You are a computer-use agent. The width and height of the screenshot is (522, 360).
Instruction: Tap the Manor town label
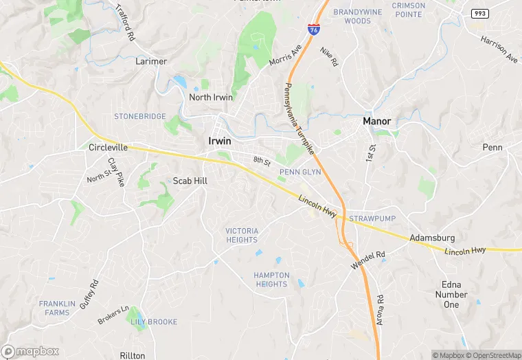tap(376, 122)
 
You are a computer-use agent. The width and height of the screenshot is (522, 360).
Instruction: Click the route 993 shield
tap(479, 14)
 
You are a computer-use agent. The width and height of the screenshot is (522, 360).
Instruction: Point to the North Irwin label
tap(211, 97)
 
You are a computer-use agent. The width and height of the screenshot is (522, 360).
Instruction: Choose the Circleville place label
tap(109, 147)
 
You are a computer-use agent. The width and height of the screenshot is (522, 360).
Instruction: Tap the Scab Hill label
tap(190, 181)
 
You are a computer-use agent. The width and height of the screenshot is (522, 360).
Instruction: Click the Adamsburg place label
tap(432, 238)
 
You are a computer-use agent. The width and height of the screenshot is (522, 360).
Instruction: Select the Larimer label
tap(151, 61)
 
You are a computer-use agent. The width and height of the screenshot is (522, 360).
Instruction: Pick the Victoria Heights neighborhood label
tap(242, 235)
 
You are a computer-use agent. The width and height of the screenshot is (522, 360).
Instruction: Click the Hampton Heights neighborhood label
tap(271, 280)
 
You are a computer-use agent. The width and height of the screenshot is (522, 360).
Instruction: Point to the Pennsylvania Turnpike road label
tap(299, 118)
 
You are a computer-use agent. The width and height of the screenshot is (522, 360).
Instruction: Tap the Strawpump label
tap(372, 218)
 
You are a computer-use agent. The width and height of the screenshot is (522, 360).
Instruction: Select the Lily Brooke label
tap(154, 322)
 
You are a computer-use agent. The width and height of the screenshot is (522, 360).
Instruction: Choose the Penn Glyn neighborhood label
tap(300, 172)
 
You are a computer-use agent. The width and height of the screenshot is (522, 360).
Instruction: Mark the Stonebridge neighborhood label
tap(140, 117)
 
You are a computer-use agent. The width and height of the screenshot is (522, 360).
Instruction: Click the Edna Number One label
tap(451, 294)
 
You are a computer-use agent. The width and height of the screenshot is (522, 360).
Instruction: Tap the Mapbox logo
tap(31, 351)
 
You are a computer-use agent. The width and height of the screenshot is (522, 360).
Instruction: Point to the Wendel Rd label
tap(368, 260)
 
